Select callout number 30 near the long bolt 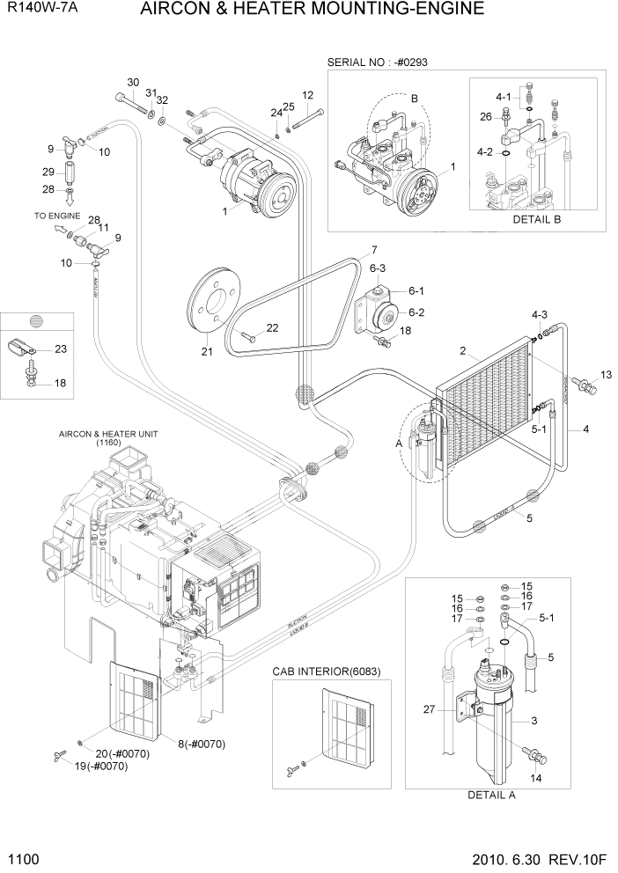click(x=133, y=83)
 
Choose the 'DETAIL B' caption click(x=536, y=218)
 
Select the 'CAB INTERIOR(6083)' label click(x=319, y=671)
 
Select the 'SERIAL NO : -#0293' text click(x=378, y=62)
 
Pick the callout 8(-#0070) click(x=202, y=744)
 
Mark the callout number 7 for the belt click(x=373, y=249)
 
